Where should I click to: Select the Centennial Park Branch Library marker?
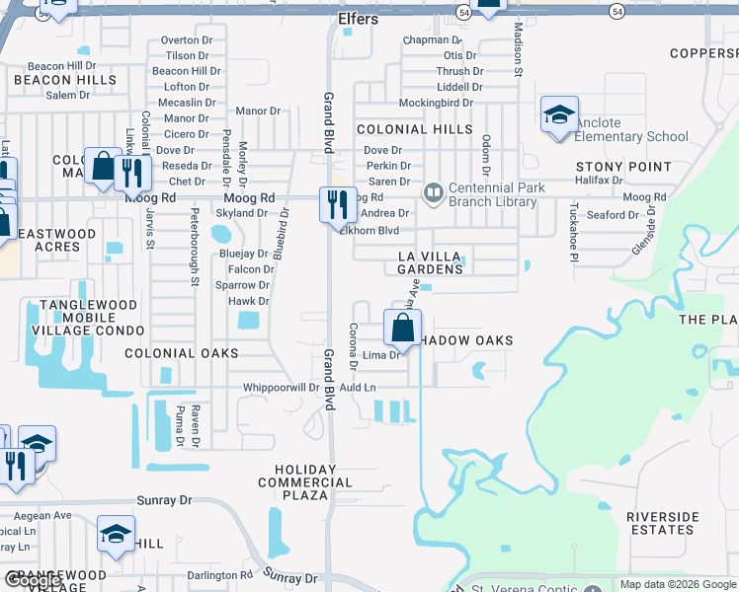[x=432, y=192]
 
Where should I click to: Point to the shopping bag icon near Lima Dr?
[x=402, y=328]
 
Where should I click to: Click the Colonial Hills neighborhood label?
[x=414, y=129]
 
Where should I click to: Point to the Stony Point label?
[x=623, y=168]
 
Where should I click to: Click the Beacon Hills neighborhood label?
[x=56, y=79]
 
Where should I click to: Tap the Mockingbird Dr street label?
[x=440, y=103]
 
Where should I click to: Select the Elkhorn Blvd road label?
[x=369, y=231]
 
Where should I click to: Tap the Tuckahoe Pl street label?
[x=572, y=233]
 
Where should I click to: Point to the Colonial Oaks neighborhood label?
[x=182, y=352]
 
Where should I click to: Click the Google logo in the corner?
[x=32, y=580]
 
